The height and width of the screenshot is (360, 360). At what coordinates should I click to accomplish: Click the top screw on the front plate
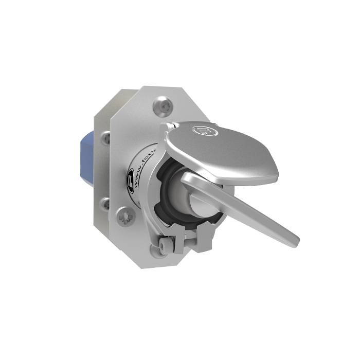163,106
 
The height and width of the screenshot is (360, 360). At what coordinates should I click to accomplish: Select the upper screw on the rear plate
106,137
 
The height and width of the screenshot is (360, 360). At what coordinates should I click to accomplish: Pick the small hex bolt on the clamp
164,247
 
